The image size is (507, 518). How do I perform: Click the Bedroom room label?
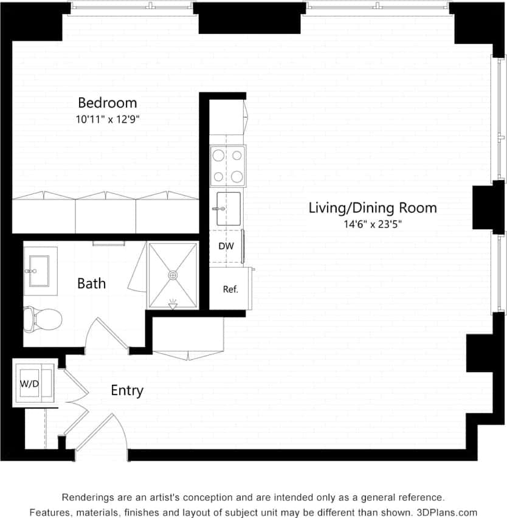(x=107, y=102)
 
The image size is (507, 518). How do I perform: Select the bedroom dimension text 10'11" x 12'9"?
(x=108, y=119)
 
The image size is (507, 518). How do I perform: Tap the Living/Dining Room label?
(x=372, y=208)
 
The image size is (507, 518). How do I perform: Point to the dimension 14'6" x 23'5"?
(x=373, y=224)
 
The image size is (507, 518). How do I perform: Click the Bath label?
(x=91, y=283)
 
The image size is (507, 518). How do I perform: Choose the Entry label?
(x=126, y=390)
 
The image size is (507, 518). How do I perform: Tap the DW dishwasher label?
(x=226, y=247)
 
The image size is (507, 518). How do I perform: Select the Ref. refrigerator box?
(x=230, y=289)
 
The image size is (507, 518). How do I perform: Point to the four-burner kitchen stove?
(x=227, y=166)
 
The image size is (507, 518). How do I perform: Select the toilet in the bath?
(x=43, y=317)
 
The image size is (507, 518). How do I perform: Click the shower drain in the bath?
(x=173, y=275)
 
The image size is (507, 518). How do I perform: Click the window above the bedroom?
(x=131, y=7)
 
